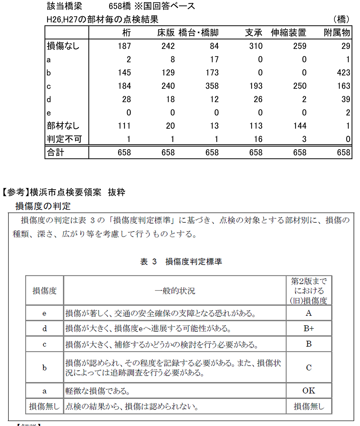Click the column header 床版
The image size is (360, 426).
coord(166,33)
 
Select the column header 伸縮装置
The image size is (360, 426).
coord(288,33)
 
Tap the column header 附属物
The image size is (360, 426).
coord(337,33)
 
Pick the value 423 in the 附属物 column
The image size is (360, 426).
coord(343,72)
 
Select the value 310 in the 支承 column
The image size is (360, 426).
coord(256,46)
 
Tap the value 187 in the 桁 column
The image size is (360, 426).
coord(124,46)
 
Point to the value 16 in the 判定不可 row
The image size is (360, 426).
coord(258,139)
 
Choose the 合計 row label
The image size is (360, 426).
coord(55,152)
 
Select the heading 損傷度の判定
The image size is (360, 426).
coord(43,206)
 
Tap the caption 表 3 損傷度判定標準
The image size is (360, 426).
coord(181,262)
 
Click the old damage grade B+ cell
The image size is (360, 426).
coord(309,328)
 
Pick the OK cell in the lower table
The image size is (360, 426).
coord(309,391)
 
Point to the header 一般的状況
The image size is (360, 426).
coord(175,290)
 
